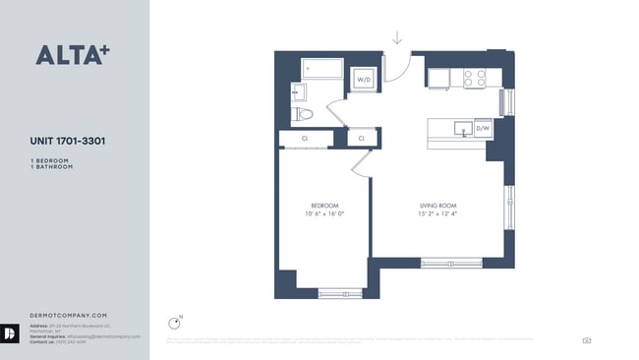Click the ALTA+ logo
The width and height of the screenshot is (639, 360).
[70, 55]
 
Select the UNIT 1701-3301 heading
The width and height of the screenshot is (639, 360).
[68, 141]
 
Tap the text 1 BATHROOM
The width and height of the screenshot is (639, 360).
[52, 167]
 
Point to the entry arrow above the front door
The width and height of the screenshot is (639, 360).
[397, 38]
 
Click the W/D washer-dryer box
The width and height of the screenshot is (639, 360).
[363, 79]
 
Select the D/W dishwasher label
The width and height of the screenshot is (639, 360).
[483, 129]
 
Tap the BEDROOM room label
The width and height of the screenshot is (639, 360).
[323, 205]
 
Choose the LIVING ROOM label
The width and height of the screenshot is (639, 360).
[437, 205]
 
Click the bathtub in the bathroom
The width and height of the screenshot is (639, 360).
[322, 69]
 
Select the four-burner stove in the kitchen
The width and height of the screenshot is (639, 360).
[474, 78]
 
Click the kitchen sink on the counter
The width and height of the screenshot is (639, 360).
[459, 127]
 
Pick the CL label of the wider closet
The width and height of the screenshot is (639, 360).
[306, 139]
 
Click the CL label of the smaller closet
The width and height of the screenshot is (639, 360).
[362, 139]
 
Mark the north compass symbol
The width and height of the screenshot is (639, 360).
[176, 321]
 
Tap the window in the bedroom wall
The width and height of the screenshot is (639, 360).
[340, 292]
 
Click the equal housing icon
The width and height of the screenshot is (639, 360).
[587, 340]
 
